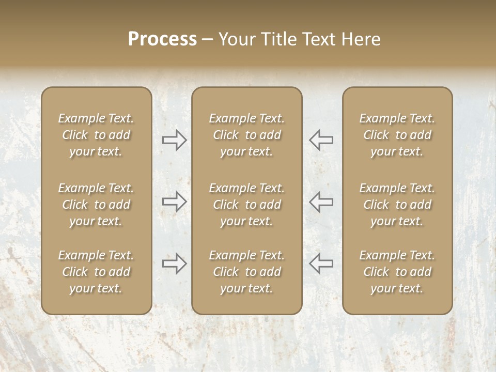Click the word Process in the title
(162, 39)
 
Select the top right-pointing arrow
(175, 139)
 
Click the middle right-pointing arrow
(175, 201)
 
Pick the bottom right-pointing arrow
(175, 263)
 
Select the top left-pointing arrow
(321, 139)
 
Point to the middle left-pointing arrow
(321, 201)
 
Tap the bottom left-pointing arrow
(321, 263)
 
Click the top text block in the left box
(96, 135)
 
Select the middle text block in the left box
(96, 205)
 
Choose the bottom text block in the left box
(96, 272)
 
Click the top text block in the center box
(246, 135)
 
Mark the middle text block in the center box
(246, 205)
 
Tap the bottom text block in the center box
(246, 272)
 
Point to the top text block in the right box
(397, 135)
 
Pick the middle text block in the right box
(397, 205)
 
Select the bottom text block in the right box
(397, 272)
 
